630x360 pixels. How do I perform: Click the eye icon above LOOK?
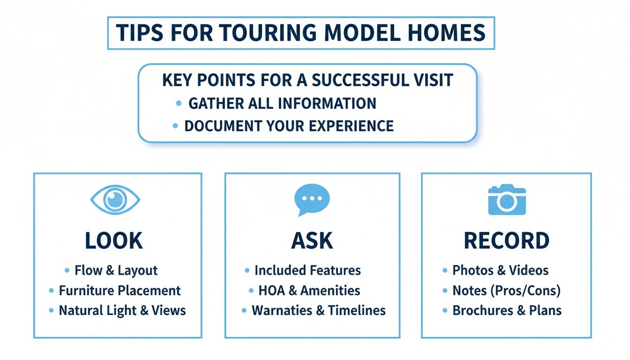point(115,200)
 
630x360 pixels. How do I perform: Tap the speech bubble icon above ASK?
point(312,200)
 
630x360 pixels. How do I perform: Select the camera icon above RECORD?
point(507,200)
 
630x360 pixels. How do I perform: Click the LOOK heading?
point(114,240)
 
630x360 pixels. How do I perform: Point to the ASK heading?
point(312,240)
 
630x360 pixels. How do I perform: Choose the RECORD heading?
point(506,240)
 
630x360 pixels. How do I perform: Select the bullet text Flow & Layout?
point(116,270)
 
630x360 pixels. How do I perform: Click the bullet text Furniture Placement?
point(120,291)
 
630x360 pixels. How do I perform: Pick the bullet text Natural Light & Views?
point(122,310)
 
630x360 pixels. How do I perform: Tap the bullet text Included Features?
point(307,270)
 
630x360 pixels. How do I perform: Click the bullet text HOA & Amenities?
point(309,291)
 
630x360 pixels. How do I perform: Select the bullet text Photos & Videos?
point(500,270)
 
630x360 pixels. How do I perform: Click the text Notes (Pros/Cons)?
point(506,291)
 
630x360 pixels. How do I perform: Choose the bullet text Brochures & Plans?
point(507,310)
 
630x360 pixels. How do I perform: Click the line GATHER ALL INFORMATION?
point(282,103)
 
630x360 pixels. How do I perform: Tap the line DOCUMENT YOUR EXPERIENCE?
point(289,126)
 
